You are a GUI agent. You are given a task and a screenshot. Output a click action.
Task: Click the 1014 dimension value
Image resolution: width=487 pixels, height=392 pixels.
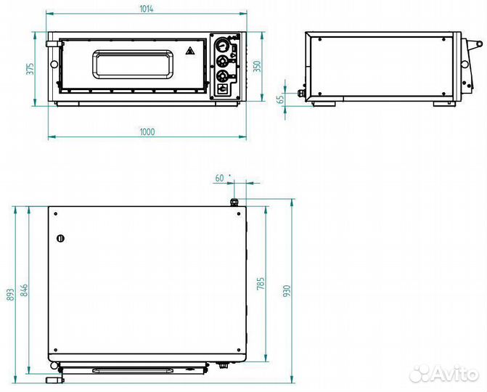(x=147, y=9)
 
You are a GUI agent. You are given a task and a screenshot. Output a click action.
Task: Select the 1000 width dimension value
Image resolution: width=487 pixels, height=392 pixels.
(x=147, y=131)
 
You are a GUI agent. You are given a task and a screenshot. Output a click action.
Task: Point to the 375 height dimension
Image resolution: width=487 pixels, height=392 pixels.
(x=30, y=69)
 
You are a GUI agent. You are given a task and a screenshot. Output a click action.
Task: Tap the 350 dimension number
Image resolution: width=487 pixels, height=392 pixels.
(x=258, y=67)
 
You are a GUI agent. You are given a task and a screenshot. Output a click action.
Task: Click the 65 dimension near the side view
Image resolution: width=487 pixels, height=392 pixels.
(x=280, y=99)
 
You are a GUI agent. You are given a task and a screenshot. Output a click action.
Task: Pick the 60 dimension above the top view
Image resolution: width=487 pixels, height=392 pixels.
(x=219, y=178)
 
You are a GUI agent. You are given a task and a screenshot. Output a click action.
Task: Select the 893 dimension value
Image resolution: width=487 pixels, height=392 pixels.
(x=10, y=295)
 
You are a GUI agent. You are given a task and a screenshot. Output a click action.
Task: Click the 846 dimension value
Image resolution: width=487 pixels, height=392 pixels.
(x=24, y=290)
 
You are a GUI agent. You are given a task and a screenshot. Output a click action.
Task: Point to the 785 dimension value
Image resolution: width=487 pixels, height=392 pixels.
(x=261, y=284)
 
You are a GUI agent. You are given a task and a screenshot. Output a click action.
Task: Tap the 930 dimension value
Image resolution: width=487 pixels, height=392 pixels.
(x=287, y=290)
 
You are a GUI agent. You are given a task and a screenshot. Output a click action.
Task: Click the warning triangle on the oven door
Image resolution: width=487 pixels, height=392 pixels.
(x=189, y=51)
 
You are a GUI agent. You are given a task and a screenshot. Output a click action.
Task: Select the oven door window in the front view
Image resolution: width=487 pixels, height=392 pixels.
(x=132, y=65)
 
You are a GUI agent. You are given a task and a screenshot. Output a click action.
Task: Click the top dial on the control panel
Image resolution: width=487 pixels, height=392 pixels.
(x=222, y=45)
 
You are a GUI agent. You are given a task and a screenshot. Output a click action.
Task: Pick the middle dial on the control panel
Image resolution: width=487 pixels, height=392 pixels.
(x=222, y=61)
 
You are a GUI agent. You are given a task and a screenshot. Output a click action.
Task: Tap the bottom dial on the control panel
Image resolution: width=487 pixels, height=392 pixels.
(x=222, y=76)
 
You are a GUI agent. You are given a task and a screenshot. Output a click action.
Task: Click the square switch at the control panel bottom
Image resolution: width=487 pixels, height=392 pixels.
(x=223, y=89)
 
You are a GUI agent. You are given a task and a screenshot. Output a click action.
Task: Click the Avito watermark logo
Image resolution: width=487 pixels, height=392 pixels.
(x=443, y=373)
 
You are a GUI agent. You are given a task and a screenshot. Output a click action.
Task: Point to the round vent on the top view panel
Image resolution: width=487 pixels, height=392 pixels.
(x=60, y=239)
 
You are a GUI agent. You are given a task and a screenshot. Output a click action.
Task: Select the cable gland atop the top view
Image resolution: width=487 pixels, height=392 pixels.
(x=234, y=202)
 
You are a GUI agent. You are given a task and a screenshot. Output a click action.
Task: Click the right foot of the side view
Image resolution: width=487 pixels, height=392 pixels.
(x=444, y=104)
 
